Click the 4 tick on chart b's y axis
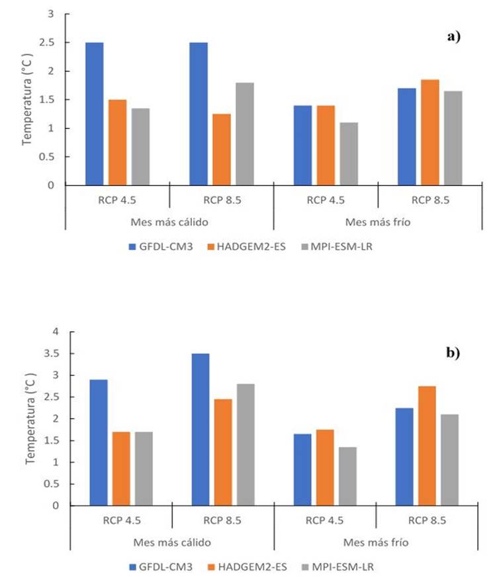pos(56,332)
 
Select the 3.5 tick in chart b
pos(52,354)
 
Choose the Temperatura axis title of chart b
pos(30,418)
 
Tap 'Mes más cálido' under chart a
pos(169,221)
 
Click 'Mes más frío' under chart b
pos(375,542)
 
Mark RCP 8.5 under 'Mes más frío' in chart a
pos(430,198)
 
